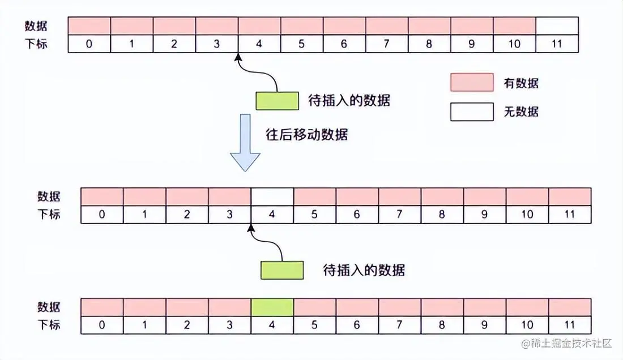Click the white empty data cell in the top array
point(557,26)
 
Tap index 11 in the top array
point(557,44)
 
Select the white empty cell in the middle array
point(272,196)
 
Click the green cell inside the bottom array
point(272,307)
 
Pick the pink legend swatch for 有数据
point(472,83)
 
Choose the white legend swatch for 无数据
point(472,112)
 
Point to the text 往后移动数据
point(306,135)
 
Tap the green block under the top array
point(277,100)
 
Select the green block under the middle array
point(281,269)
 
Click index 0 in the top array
point(89,44)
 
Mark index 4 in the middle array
point(272,215)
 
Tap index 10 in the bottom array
point(527,325)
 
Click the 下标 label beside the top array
point(36,44)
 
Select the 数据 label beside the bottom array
point(49,307)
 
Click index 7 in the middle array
point(400,215)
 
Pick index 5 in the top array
point(302,44)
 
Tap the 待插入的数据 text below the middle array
point(364,269)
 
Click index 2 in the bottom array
point(187,325)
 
